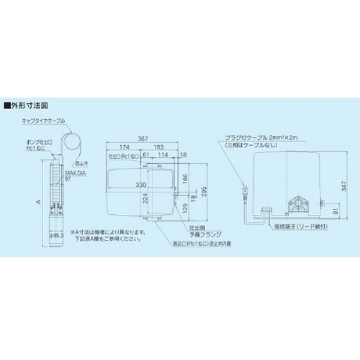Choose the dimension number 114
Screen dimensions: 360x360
pyautogui.click(x=161, y=155)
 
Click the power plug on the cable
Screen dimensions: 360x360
pyautogui.click(x=244, y=191)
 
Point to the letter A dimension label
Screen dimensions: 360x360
pyautogui.click(x=37, y=202)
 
